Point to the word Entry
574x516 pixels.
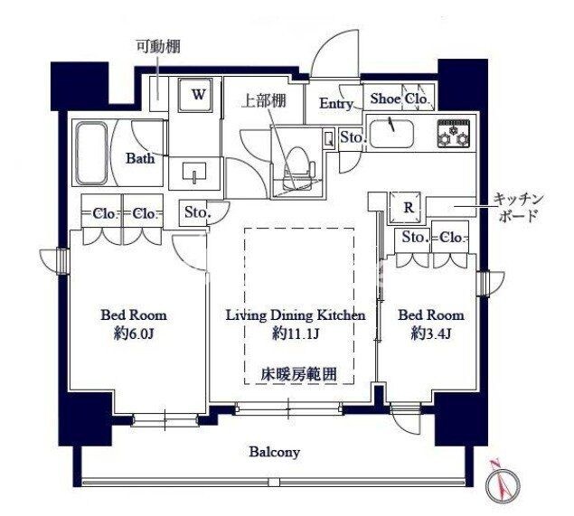(336, 104)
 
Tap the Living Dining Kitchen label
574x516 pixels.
(295, 315)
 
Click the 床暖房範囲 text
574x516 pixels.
(295, 371)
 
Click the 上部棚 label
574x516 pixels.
(264, 101)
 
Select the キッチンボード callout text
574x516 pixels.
(518, 208)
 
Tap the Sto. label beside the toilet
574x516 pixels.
(352, 137)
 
